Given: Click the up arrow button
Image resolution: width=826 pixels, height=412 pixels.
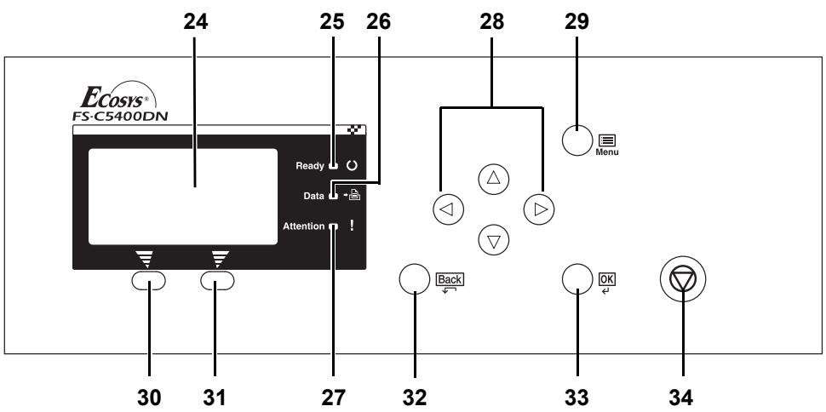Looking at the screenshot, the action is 494,179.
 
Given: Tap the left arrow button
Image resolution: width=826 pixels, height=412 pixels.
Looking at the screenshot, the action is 448,209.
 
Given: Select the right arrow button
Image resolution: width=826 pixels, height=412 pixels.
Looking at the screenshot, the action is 539,209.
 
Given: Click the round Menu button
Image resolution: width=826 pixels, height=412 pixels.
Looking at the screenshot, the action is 577,140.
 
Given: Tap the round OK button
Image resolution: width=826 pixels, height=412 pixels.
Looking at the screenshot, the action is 577,279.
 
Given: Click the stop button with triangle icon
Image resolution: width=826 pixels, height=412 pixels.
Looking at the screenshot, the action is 683,278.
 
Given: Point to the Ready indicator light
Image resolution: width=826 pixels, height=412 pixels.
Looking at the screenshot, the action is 334,166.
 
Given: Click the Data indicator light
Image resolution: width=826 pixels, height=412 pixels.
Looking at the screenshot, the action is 334,196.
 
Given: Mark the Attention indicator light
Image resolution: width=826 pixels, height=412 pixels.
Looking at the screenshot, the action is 334,226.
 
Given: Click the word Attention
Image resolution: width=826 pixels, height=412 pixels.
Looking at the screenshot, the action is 303,226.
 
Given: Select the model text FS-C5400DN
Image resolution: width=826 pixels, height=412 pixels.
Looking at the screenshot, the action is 120,116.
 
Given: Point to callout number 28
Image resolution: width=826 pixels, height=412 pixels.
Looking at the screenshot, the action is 491,22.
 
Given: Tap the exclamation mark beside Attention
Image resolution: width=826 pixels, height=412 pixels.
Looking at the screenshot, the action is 352,226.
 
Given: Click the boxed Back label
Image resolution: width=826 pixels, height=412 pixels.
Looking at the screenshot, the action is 450,279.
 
